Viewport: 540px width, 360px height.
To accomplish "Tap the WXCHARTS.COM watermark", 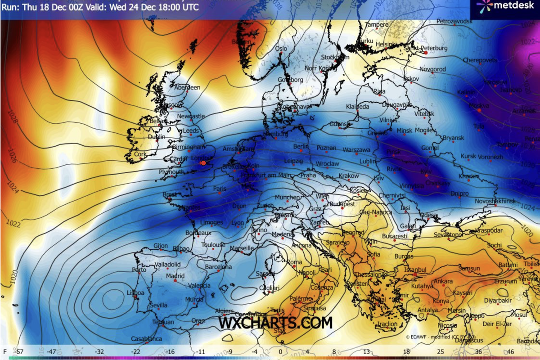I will tap(276, 323).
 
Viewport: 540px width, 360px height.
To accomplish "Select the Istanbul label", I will tap(415, 269).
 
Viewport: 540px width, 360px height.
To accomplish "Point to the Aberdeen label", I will tap(187, 87).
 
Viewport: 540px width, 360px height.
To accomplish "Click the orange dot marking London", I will tap(203, 162).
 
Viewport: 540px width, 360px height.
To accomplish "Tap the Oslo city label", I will tap(281, 48).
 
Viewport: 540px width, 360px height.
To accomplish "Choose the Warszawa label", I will tap(356, 149).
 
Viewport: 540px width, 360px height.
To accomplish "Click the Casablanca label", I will tap(146, 338).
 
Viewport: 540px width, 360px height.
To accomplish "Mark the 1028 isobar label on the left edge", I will tap(11, 121).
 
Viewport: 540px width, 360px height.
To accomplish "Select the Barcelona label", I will tap(218, 267).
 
